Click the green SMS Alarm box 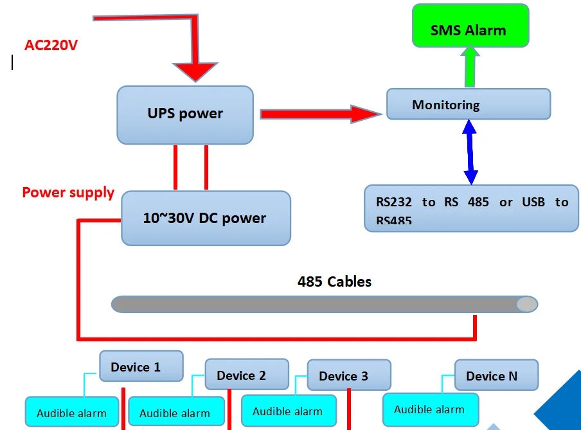tap(470, 26)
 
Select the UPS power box tap(185, 114)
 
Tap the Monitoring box tap(468, 104)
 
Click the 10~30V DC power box tap(206, 218)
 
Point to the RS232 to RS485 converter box tap(471, 208)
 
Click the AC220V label tap(51, 45)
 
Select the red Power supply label tap(68, 192)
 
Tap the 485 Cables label tap(334, 282)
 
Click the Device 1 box tap(141, 366)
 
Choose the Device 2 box tap(247, 375)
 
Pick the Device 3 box tap(348, 375)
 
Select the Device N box tap(496, 375)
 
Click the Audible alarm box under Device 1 tap(72, 412)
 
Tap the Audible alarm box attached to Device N tap(429, 409)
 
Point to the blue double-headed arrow tap(470, 152)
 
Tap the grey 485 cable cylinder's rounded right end tap(527, 304)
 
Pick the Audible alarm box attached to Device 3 tap(288, 411)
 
